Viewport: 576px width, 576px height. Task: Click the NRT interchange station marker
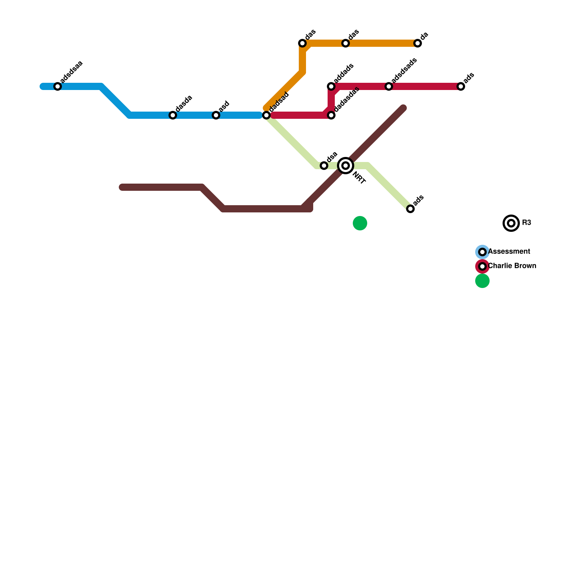346,166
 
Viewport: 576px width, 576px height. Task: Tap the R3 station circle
511,223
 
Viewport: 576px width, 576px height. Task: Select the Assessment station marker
482,252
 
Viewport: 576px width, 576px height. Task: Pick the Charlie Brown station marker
482,266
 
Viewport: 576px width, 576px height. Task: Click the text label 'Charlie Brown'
512,266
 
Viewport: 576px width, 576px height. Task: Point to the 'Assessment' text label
509,252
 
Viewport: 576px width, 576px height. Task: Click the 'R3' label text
526,223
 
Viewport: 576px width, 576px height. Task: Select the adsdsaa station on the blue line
58,86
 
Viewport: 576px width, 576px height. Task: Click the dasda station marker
173,115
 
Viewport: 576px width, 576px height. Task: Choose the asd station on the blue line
216,115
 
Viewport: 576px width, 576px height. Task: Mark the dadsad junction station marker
266,115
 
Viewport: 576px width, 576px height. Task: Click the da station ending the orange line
418,43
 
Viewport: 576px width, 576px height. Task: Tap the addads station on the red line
331,86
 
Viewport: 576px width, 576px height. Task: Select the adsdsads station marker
389,86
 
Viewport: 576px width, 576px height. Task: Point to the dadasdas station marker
331,115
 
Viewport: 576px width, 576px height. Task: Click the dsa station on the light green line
324,166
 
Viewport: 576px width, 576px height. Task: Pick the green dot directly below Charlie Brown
482,281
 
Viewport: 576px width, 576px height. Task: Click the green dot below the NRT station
360,223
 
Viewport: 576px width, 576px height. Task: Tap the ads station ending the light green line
410,209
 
